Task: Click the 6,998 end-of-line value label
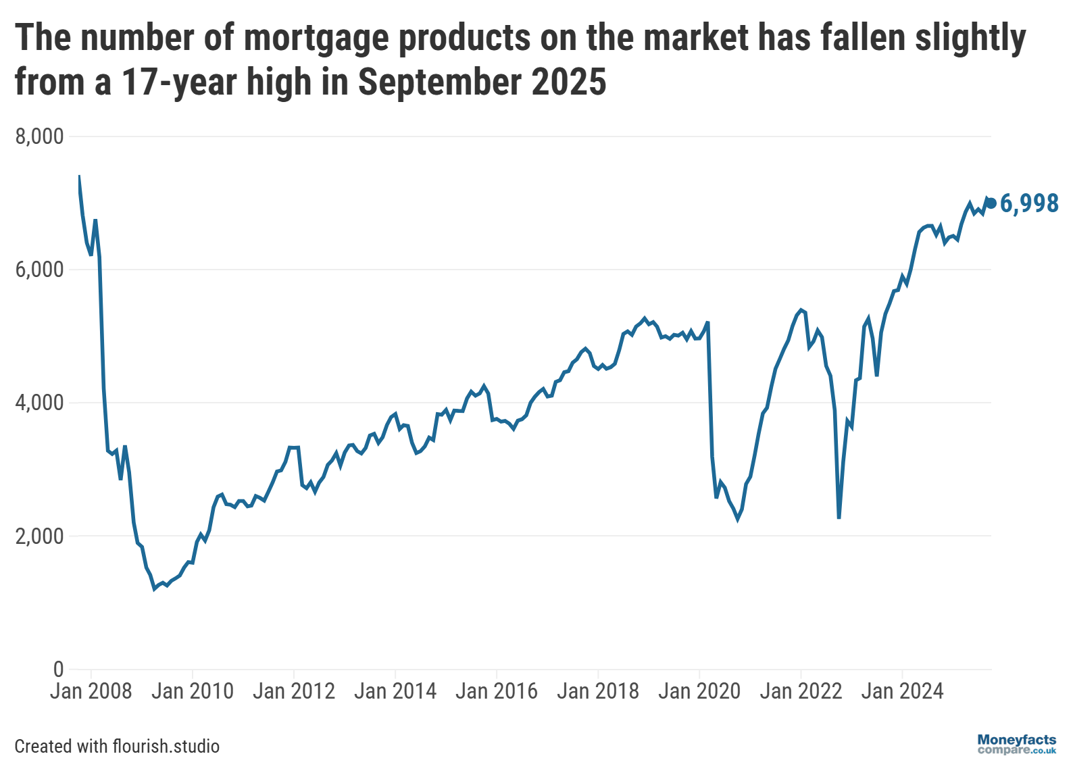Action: pyautogui.click(x=1028, y=203)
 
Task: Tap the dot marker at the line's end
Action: pyautogui.click(x=991, y=203)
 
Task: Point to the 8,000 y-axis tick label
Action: pyautogui.click(x=39, y=136)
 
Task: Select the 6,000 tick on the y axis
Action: pyautogui.click(x=39, y=270)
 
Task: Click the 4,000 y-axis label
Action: pyautogui.click(x=39, y=403)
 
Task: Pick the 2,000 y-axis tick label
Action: pyautogui.click(x=39, y=536)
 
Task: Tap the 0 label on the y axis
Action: pyautogui.click(x=58, y=669)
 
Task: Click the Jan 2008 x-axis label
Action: pyautogui.click(x=91, y=691)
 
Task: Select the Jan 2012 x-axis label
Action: pyautogui.click(x=294, y=691)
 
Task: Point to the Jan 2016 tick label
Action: pyautogui.click(x=497, y=691)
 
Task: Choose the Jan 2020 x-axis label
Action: pyautogui.click(x=699, y=691)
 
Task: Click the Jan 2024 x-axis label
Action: pyautogui.click(x=902, y=691)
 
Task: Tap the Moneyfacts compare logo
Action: pyautogui.click(x=1016, y=744)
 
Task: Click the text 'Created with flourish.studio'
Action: pyautogui.click(x=117, y=746)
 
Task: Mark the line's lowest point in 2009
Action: pyautogui.click(x=155, y=589)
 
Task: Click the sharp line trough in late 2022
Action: pyautogui.click(x=839, y=518)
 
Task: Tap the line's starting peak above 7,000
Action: pyautogui.click(x=79, y=176)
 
